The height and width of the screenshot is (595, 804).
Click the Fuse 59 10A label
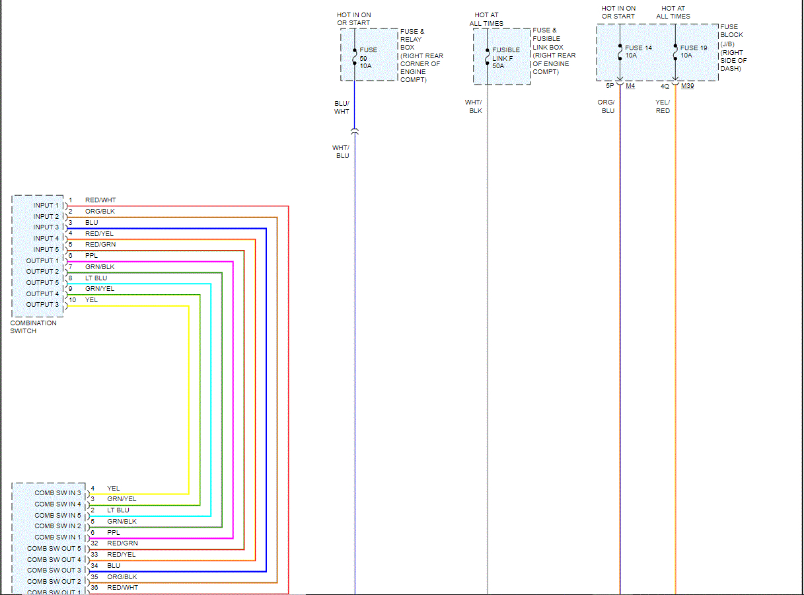click(368, 58)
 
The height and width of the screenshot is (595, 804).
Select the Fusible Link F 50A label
click(505, 58)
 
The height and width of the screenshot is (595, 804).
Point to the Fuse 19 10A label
click(694, 52)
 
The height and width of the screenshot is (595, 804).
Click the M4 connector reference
click(630, 86)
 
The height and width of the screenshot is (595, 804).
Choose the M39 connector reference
click(687, 86)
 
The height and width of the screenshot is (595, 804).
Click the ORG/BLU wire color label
click(607, 106)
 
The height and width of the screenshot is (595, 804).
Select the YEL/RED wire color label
click(663, 106)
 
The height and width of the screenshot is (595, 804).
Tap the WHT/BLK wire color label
click(474, 106)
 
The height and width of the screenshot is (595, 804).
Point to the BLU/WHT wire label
click(342, 108)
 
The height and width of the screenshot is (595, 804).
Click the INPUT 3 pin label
click(47, 227)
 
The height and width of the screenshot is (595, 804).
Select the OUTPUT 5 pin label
click(43, 282)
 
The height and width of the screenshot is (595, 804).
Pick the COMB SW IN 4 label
click(58, 504)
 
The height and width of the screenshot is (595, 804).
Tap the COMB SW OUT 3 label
click(54, 571)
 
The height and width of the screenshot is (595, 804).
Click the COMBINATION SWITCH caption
click(33, 327)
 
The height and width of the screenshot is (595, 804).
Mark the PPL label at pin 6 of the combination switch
click(91, 256)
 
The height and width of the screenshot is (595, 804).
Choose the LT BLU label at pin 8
click(96, 278)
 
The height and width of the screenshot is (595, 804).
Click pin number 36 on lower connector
click(94, 588)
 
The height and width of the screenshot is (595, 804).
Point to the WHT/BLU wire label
click(341, 152)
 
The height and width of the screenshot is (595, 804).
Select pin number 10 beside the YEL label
click(73, 300)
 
